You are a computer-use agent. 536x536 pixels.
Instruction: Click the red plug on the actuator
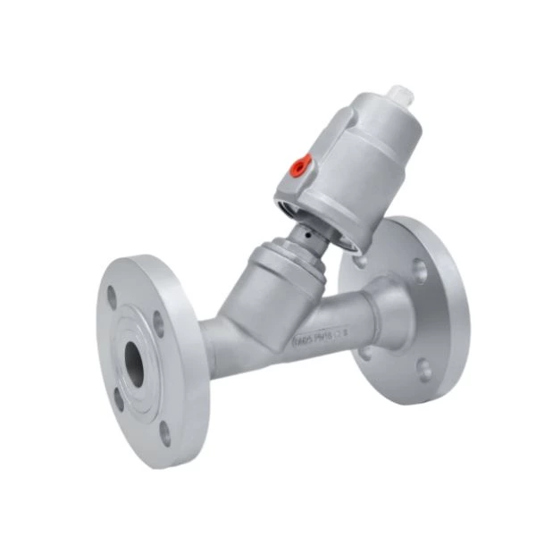coord(302,163)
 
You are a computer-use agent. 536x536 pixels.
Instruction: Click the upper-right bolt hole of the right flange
coord(419,266)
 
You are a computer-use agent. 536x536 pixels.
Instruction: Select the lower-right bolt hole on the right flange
coord(425,367)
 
